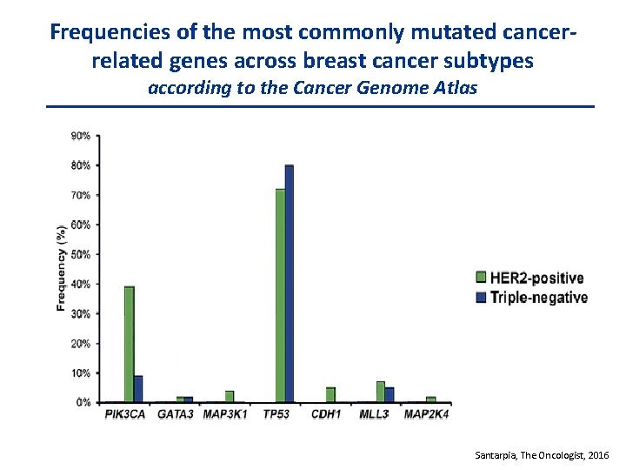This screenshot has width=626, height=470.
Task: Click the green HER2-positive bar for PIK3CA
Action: coord(129,344)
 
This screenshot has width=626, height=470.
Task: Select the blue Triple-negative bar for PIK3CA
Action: coord(138,389)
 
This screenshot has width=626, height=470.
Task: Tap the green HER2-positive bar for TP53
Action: coord(280,296)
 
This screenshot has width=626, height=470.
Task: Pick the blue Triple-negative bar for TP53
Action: coord(290,284)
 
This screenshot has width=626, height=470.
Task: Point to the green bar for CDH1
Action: coord(330,395)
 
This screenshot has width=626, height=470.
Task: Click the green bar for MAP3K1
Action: coord(230,397)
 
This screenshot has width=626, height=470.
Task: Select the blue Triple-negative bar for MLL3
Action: coord(390,395)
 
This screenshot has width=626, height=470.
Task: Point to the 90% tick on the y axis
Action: coord(81,136)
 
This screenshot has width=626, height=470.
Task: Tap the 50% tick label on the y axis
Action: coord(81,254)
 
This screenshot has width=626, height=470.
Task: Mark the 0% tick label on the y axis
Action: coord(83,403)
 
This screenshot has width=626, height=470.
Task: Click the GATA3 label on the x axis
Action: coord(176,415)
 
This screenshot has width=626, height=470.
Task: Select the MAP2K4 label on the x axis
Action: coord(426,415)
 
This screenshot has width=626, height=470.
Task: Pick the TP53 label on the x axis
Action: coord(278,415)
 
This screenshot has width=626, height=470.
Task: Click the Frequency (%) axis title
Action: coord(61,268)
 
